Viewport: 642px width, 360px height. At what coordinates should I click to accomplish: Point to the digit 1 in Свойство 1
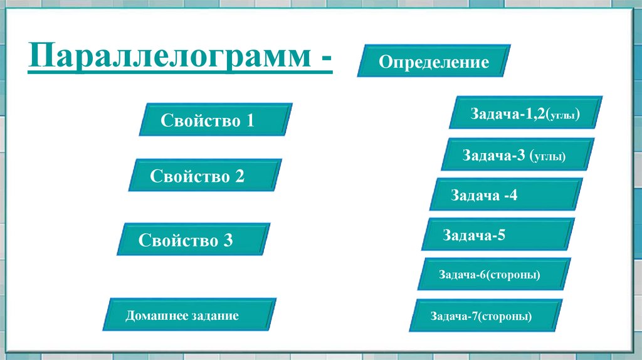(x=250, y=120)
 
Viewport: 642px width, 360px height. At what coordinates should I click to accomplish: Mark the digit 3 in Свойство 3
(x=228, y=240)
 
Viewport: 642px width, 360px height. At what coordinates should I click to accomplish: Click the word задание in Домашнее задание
(x=216, y=315)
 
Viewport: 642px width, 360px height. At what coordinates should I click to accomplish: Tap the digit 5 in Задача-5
(x=501, y=235)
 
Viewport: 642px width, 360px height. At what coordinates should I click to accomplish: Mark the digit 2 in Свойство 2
(x=239, y=176)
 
